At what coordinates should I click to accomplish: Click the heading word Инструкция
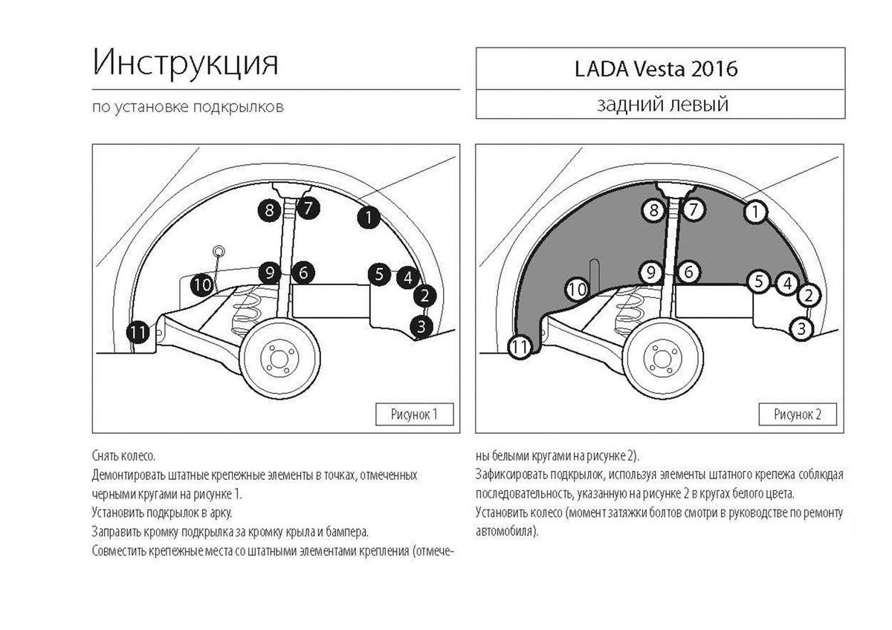click(x=186, y=64)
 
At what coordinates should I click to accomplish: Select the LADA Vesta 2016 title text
click(x=656, y=68)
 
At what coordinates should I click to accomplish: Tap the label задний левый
click(x=662, y=104)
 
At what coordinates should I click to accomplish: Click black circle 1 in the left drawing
click(x=368, y=217)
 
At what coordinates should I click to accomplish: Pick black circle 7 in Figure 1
click(x=308, y=207)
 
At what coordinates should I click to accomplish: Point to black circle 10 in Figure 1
click(x=201, y=284)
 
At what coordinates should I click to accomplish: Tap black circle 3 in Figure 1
click(x=421, y=325)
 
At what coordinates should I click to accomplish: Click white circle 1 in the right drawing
click(x=754, y=212)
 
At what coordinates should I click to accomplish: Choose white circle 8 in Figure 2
click(x=653, y=210)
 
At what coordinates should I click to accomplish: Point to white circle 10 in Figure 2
click(x=578, y=288)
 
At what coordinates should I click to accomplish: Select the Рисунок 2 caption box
click(x=797, y=414)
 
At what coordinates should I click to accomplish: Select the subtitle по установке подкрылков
click(x=187, y=106)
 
